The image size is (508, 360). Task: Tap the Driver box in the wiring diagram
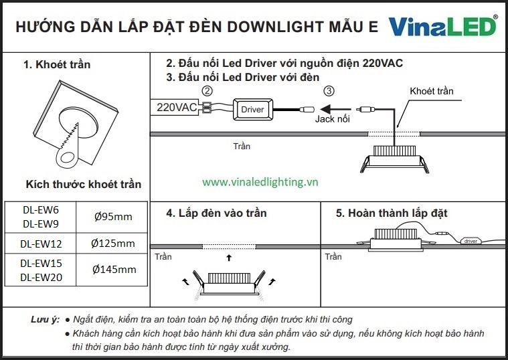point(253,110)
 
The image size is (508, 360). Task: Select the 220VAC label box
point(175,107)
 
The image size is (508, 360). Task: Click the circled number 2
point(207,91)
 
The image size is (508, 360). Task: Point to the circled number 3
point(329,91)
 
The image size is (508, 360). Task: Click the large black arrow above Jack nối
point(335,109)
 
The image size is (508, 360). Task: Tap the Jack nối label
point(333,119)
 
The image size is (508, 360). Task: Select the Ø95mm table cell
point(112,217)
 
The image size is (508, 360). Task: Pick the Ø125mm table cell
point(112,243)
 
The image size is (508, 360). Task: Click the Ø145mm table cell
point(112,270)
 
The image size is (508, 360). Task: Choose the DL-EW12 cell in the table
point(41,244)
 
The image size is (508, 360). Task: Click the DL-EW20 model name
point(41,278)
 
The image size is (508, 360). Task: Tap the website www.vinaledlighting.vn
point(260,182)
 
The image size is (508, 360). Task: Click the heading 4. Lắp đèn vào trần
point(216,213)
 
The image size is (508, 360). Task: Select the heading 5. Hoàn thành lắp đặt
point(392,213)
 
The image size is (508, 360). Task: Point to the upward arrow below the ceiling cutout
point(229,258)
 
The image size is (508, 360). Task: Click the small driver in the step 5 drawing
point(471,241)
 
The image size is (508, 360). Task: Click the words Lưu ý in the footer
point(46,319)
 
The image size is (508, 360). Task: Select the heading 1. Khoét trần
point(57,64)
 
